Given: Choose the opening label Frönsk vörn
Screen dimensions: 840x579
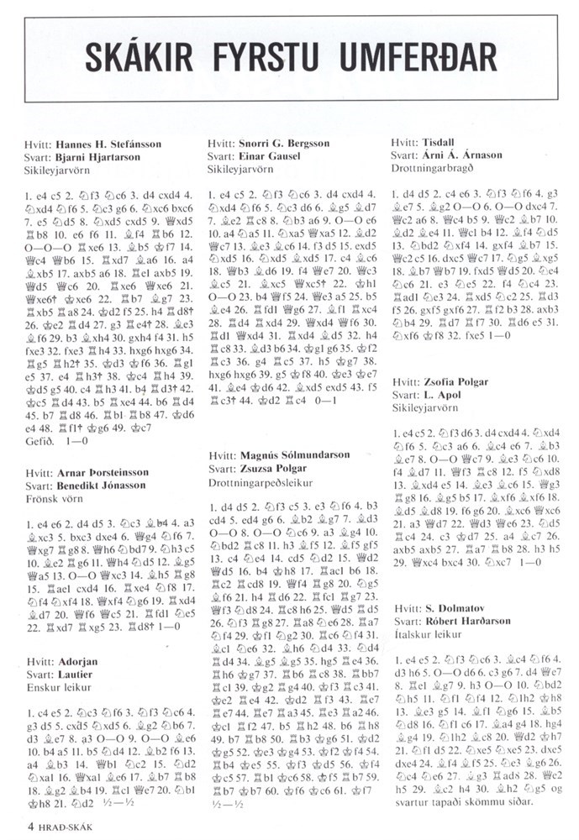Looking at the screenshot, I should click(x=54, y=498).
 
